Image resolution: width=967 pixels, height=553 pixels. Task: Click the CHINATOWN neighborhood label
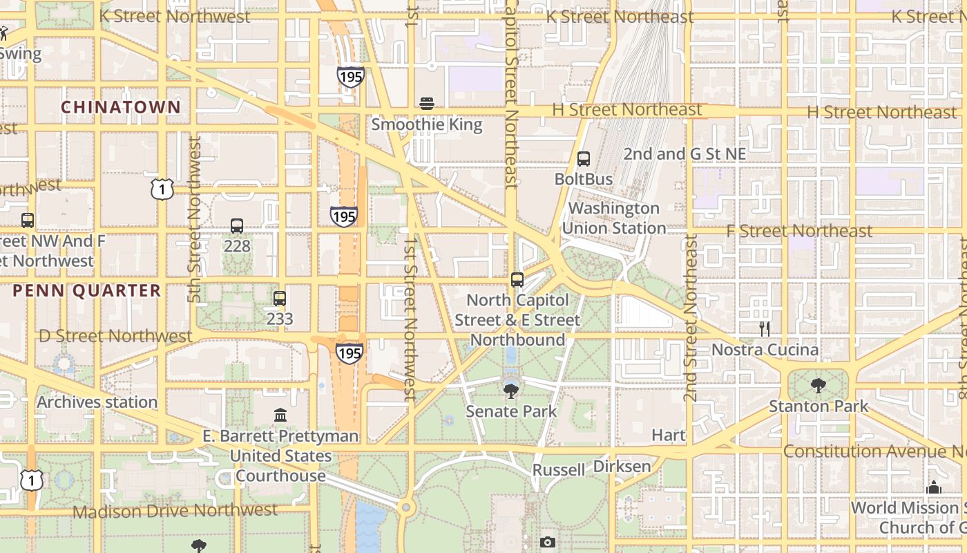pyautogui.click(x=121, y=107)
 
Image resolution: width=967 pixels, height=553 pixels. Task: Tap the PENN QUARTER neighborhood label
pyautogui.click(x=87, y=291)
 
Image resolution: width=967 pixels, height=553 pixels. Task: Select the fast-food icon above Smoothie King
pyautogui.click(x=427, y=104)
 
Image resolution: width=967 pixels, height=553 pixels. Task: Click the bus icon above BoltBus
pyautogui.click(x=584, y=159)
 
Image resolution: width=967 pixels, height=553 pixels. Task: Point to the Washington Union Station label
pyautogui.click(x=613, y=218)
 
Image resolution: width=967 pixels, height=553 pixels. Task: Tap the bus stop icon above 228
pyautogui.click(x=237, y=226)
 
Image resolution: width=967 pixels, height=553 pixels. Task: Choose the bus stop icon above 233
pyautogui.click(x=280, y=299)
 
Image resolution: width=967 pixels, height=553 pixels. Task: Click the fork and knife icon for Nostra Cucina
pyautogui.click(x=765, y=329)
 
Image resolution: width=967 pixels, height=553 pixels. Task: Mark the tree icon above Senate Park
pyautogui.click(x=511, y=391)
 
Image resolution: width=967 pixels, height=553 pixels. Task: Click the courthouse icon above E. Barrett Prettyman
pyautogui.click(x=280, y=415)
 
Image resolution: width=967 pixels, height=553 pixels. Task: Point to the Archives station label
pyautogui.click(x=97, y=402)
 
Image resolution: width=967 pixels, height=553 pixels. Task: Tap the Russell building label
pyautogui.click(x=559, y=470)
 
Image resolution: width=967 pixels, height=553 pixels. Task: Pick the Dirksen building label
pyautogui.click(x=622, y=467)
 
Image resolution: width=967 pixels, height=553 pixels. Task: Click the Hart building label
pyautogui.click(x=669, y=435)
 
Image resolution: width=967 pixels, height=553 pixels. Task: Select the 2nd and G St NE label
pyautogui.click(x=684, y=154)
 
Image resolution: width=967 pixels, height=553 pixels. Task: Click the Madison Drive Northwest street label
pyautogui.click(x=175, y=511)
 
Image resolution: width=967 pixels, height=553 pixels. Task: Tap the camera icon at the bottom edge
pyautogui.click(x=548, y=542)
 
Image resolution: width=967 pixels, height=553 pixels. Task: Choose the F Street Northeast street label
pyautogui.click(x=799, y=231)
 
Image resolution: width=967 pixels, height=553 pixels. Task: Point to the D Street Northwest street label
pyautogui.click(x=115, y=336)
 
